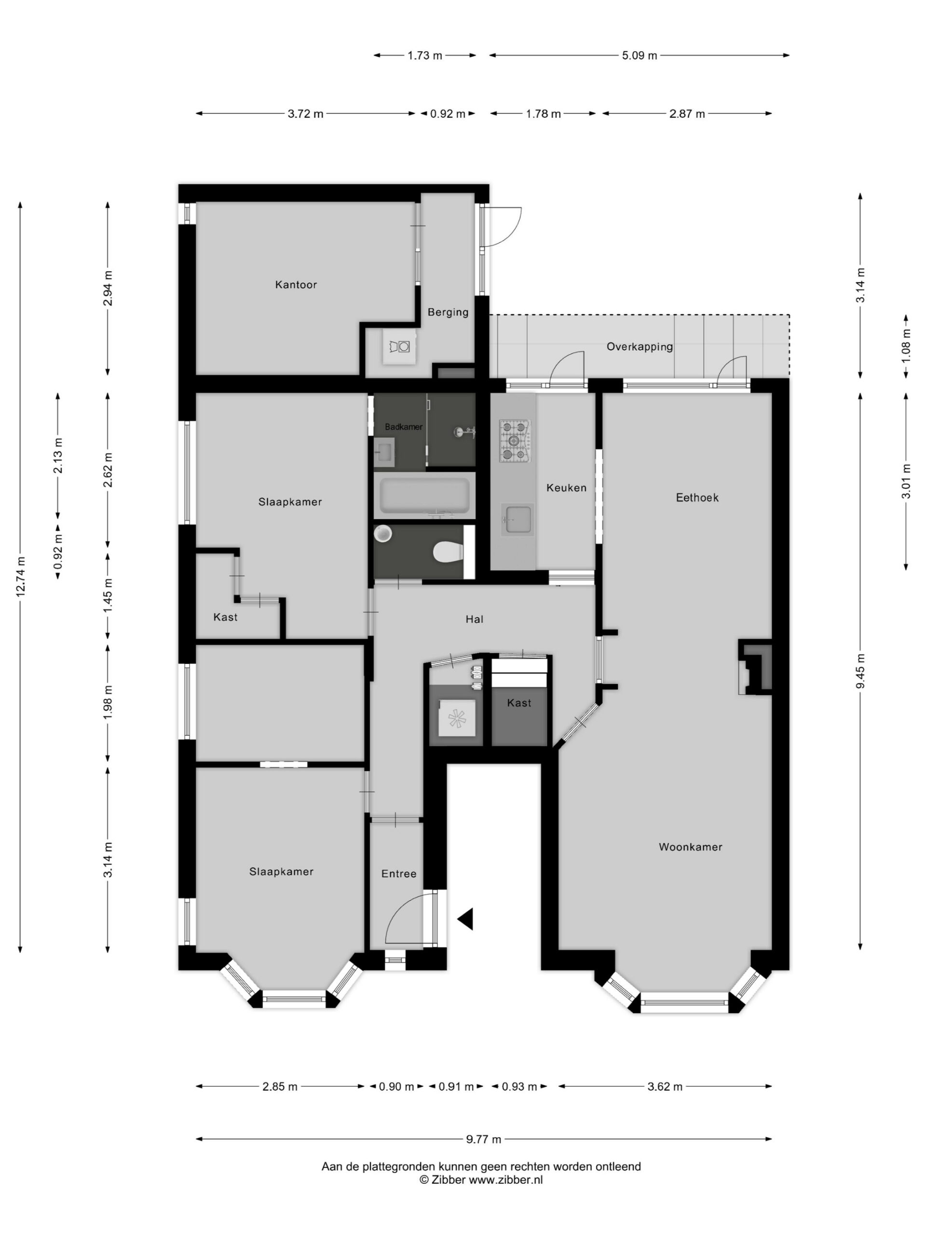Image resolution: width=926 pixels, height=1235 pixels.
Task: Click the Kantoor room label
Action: coord(296,285)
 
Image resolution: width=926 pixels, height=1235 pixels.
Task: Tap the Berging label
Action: coord(448,312)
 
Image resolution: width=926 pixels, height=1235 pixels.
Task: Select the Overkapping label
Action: coord(640,347)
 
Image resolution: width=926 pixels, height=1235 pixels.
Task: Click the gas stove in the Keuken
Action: coord(514,441)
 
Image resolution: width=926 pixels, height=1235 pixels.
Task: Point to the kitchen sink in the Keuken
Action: coord(517,520)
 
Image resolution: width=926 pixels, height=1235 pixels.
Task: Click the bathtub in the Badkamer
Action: coord(424,496)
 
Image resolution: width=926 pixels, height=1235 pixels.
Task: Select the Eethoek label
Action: coord(697,497)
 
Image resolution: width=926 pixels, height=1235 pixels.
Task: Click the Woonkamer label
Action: coord(691,847)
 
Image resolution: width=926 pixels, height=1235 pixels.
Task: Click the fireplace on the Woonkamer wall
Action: coord(755,667)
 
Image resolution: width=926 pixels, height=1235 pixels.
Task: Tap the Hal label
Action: coord(475,619)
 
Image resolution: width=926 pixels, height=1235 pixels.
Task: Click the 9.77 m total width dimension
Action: coord(484,1139)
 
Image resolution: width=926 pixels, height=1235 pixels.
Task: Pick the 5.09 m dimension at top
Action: coord(640,55)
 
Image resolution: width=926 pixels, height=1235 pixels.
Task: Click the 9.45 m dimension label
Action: coord(861,671)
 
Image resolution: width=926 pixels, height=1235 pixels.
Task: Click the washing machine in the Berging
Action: coord(400,347)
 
